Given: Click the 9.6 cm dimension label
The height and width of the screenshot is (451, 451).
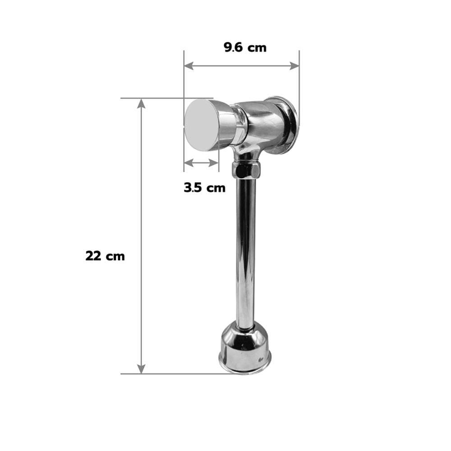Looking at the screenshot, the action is click(245, 47).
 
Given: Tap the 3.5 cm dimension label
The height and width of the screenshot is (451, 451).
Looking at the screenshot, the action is click(204, 188).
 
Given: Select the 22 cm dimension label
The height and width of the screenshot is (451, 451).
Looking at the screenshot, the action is click(105, 256).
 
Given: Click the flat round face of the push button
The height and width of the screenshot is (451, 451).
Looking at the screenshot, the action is click(200, 126).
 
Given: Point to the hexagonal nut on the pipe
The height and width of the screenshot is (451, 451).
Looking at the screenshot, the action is click(246, 170).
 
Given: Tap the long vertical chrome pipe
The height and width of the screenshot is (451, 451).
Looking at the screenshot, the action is click(245, 253).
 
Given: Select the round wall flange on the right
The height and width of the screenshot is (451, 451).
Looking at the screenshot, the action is click(283, 123).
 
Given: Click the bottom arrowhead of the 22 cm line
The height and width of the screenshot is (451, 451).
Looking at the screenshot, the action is click(141, 369).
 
